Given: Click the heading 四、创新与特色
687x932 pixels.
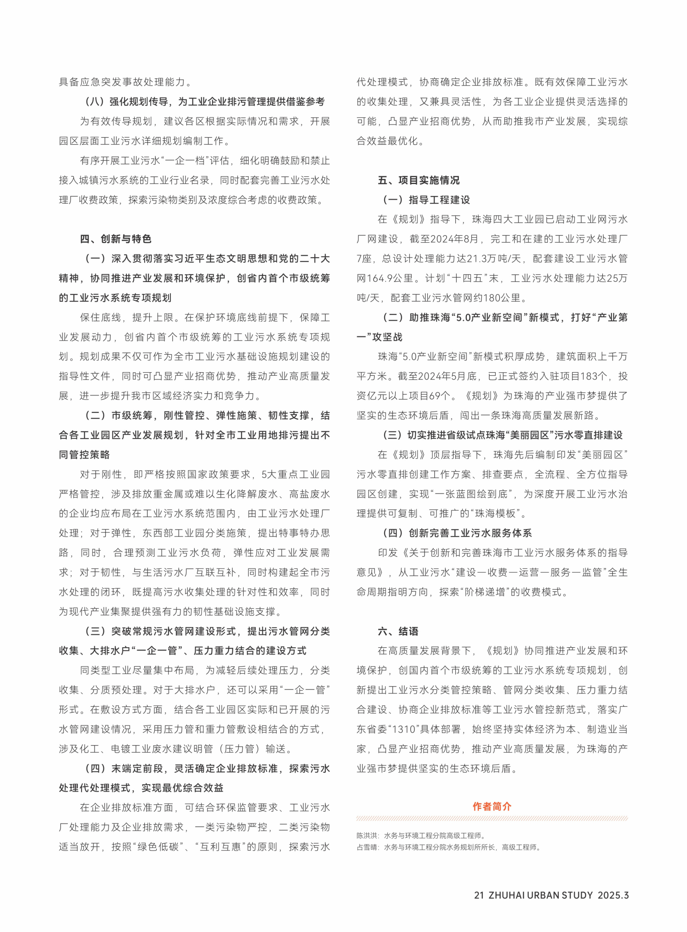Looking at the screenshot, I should [x=115, y=239].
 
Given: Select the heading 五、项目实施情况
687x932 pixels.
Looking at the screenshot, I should [x=419, y=180].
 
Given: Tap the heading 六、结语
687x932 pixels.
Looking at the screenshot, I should [x=398, y=631].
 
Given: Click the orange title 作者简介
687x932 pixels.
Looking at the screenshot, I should [x=492, y=807].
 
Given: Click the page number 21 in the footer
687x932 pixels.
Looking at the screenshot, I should [x=479, y=895].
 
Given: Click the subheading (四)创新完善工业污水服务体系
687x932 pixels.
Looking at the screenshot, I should [x=458, y=533].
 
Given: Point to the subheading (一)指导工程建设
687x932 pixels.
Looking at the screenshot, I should [x=426, y=200].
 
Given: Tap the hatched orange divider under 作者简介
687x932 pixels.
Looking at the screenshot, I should [x=492, y=818].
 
